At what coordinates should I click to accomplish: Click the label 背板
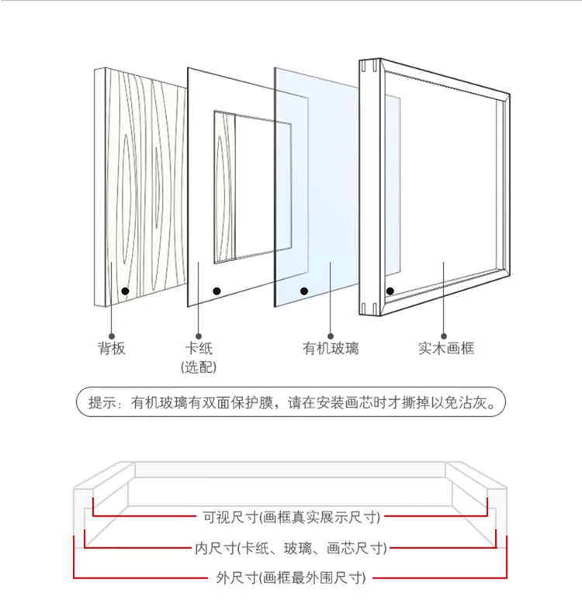112,349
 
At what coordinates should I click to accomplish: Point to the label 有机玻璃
331,349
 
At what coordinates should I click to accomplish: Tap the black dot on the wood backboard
124,291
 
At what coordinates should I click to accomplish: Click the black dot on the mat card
218,290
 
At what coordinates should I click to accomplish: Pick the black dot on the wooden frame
390,291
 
